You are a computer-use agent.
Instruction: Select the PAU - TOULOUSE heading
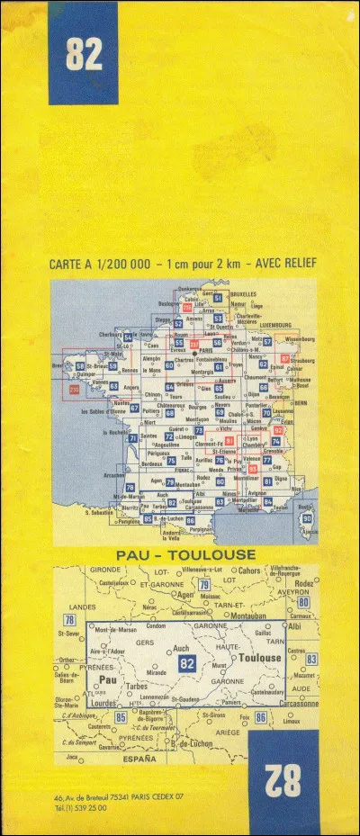[186, 555]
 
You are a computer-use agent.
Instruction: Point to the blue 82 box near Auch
[187, 663]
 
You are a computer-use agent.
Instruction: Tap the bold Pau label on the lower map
[107, 681]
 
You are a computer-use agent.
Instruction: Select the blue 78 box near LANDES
[69, 621]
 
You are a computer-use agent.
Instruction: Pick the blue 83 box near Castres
[311, 660]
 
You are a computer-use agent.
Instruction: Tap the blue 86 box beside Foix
[260, 717]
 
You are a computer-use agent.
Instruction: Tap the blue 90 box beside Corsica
[307, 519]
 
